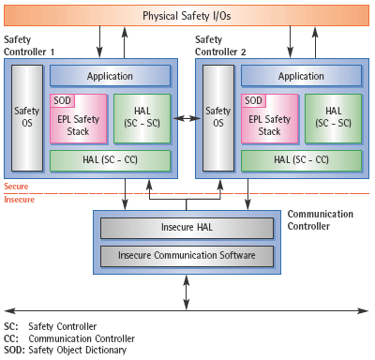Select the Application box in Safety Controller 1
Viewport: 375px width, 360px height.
click(109, 76)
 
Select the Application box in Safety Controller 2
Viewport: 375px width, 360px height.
click(300, 76)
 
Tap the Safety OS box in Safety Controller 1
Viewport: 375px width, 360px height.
click(27, 117)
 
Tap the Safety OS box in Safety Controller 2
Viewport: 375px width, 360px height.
click(218, 117)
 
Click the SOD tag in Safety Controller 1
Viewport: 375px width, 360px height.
click(61, 100)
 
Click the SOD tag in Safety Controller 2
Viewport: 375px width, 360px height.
click(253, 100)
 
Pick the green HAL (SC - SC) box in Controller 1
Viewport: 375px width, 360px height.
click(141, 118)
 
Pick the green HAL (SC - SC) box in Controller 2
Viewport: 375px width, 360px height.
click(332, 118)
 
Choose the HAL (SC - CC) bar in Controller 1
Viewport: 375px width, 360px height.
click(109, 160)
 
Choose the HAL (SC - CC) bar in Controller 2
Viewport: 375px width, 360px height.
click(300, 160)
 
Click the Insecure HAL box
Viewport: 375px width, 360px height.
click(186, 228)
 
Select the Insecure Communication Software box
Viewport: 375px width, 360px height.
click(186, 254)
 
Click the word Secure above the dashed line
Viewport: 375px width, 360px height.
click(18, 186)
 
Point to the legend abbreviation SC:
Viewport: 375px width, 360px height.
click(10, 326)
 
